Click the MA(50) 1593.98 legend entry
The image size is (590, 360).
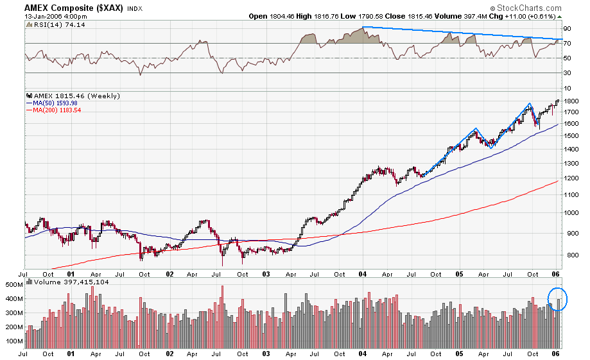53,103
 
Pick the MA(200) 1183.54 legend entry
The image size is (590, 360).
54,110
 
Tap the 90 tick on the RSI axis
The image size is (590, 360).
568,29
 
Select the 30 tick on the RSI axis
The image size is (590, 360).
568,73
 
